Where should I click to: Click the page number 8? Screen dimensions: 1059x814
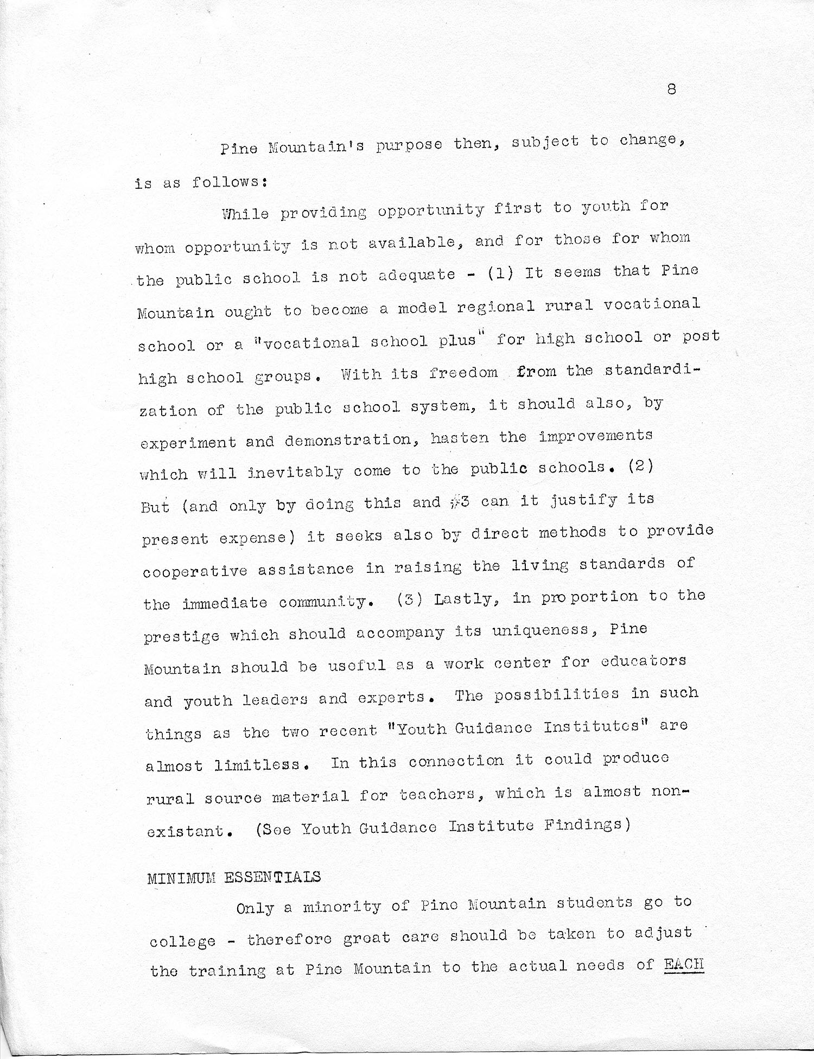coord(672,90)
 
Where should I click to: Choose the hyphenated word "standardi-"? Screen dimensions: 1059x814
coord(653,371)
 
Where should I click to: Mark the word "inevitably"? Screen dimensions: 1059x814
coord(295,472)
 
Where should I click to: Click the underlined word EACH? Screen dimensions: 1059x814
coord(684,964)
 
